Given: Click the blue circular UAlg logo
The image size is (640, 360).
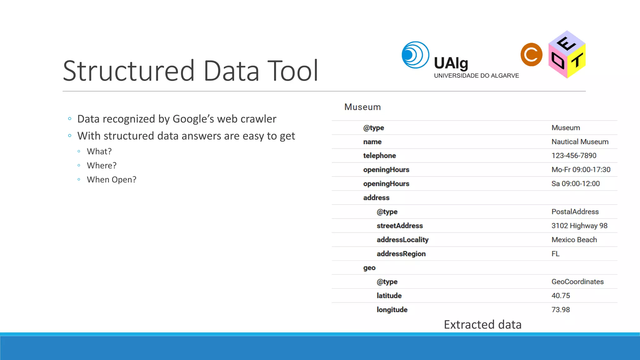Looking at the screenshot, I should pos(415,55).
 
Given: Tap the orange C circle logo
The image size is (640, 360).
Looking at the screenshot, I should pos(531,55).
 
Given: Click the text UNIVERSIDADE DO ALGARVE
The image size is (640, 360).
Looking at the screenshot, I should pos(476,76).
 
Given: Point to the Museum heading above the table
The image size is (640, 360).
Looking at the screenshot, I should pos(362,107).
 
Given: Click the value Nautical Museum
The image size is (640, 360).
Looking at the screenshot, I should pos(580,142).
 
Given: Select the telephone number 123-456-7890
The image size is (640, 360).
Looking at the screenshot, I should pos(574,156).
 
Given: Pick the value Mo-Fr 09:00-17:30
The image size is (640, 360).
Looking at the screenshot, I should pos(581,170).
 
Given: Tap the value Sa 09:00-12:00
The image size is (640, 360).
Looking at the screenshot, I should pos(575,184).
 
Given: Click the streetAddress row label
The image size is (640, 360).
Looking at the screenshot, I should pos(399,226).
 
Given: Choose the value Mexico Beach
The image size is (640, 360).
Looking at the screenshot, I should pos(574,240).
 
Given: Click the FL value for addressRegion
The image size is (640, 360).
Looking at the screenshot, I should pos(555,254).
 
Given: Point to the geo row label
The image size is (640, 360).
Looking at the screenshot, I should pos(369,268).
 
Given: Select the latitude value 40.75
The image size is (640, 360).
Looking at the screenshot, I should pos(561,296).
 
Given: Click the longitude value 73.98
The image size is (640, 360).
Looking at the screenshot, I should pos(561,310).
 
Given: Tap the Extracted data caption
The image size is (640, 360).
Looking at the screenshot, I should pos(482,325).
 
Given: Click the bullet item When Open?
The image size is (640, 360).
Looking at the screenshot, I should pos(112,180).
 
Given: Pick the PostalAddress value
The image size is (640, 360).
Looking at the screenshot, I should pos(575,212).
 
